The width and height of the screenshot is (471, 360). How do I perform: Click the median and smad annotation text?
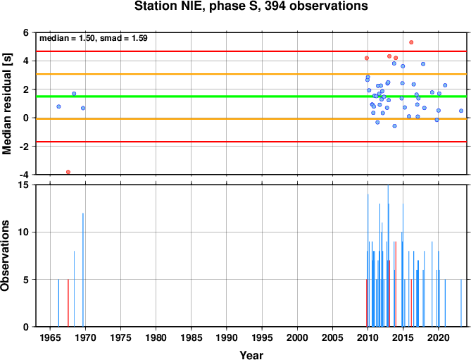pos(94,38)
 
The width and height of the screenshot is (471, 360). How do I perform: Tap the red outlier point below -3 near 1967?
pos(68,172)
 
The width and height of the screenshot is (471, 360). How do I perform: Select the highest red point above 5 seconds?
pos(411,42)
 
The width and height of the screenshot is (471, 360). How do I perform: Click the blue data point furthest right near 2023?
pos(461,111)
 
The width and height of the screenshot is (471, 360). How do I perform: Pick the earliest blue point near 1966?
pos(58,106)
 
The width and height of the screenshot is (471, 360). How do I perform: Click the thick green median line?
pos(251,97)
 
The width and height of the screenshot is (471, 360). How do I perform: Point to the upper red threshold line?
pos(251,51)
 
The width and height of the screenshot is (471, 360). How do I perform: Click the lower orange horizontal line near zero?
pos(251,119)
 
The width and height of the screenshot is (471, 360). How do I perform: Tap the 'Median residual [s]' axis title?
pos(6,104)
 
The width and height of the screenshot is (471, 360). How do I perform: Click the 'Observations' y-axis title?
pos(5,256)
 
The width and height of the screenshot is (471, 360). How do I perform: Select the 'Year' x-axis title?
pos(251,355)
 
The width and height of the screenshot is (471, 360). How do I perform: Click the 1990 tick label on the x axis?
pos(227,337)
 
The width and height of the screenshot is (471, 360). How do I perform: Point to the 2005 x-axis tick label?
pos(332,337)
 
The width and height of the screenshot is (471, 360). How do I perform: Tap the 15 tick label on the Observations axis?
pos(27,185)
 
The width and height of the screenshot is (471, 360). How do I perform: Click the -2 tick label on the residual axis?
pos(26,147)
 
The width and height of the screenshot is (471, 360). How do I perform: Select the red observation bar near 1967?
pos(68,303)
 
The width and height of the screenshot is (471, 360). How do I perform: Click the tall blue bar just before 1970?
pos(83,270)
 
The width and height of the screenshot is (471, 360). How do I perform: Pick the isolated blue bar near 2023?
pos(461,303)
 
